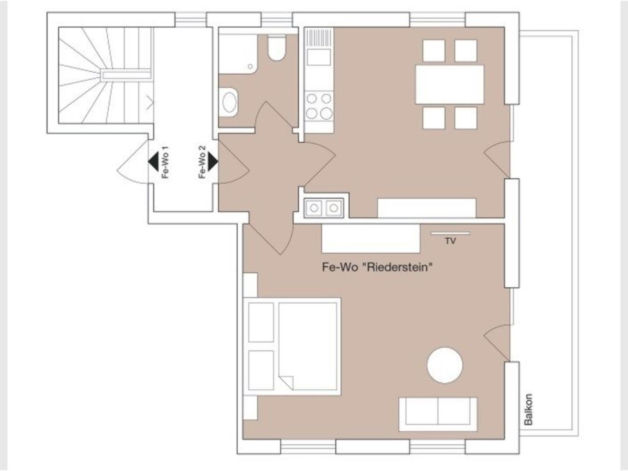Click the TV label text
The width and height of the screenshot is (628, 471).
pyautogui.click(x=450, y=241)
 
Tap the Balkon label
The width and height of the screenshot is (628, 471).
pyautogui.click(x=528, y=409)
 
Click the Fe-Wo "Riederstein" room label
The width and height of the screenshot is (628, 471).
pyautogui.click(x=377, y=267)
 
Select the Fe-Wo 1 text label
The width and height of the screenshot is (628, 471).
pyautogui.click(x=165, y=162)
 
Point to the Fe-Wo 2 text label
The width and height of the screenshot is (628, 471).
pyautogui.click(x=202, y=162)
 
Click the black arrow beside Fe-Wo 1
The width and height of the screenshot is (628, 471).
pyautogui.click(x=153, y=161)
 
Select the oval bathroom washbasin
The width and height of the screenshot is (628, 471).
pyautogui.click(x=229, y=102)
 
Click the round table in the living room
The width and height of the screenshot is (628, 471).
pyautogui.click(x=445, y=365)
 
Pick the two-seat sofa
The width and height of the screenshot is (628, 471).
pyautogui.click(x=438, y=414)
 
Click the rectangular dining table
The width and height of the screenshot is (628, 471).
pyautogui.click(x=450, y=84)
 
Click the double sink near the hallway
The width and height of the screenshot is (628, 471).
pyautogui.click(x=324, y=208)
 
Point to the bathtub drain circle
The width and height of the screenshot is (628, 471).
pyautogui.click(x=251, y=66)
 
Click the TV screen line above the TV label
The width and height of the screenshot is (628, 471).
pyautogui.click(x=450, y=233)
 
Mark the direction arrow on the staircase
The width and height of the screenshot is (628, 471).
pyautogui.click(x=150, y=102)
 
